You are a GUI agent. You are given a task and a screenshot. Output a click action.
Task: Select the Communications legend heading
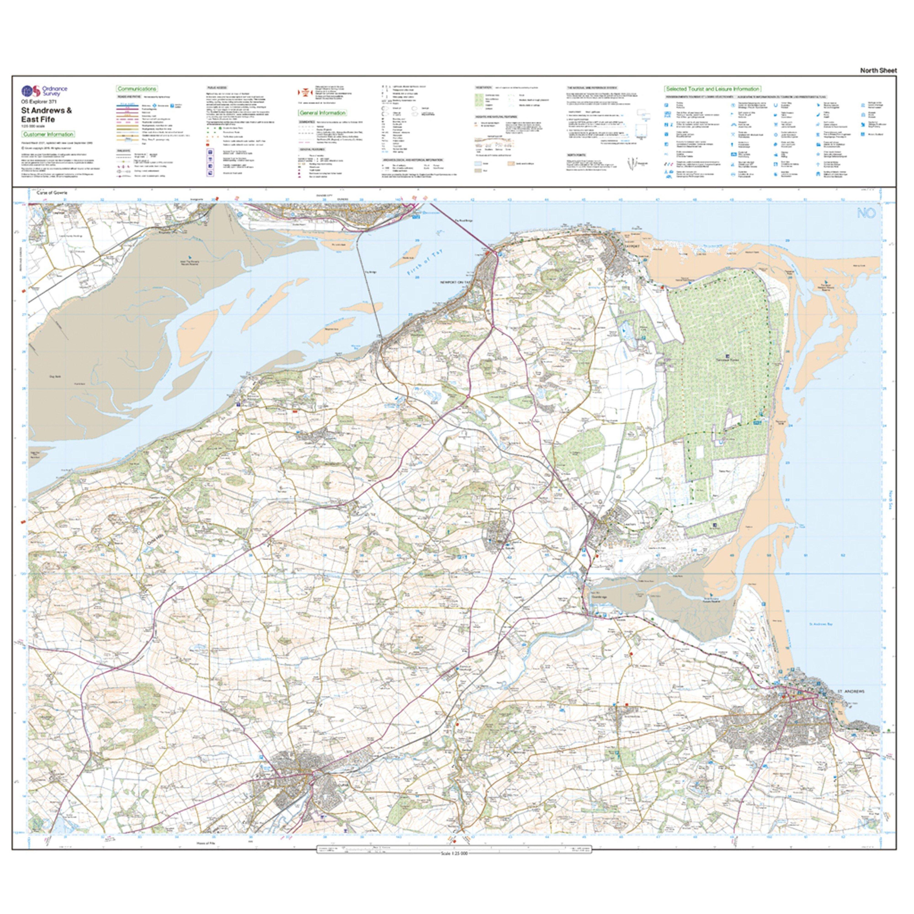[x=137, y=88]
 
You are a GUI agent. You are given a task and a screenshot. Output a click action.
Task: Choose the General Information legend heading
[x=322, y=113]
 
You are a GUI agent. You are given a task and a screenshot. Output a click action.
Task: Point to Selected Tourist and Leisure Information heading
[x=712, y=88]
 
